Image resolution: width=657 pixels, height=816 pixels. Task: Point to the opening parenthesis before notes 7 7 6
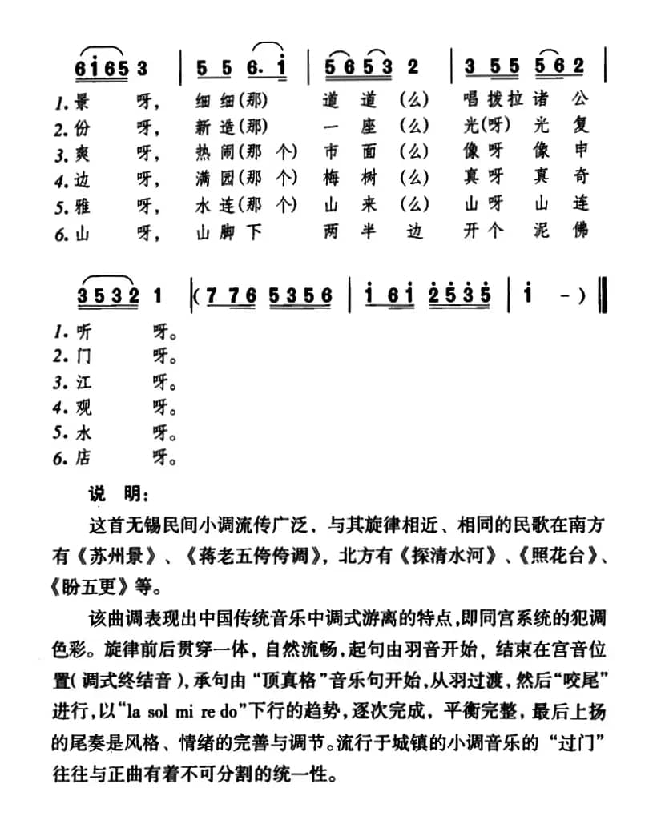tap(195, 296)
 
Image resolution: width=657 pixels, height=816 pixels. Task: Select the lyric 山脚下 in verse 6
tap(228, 231)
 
